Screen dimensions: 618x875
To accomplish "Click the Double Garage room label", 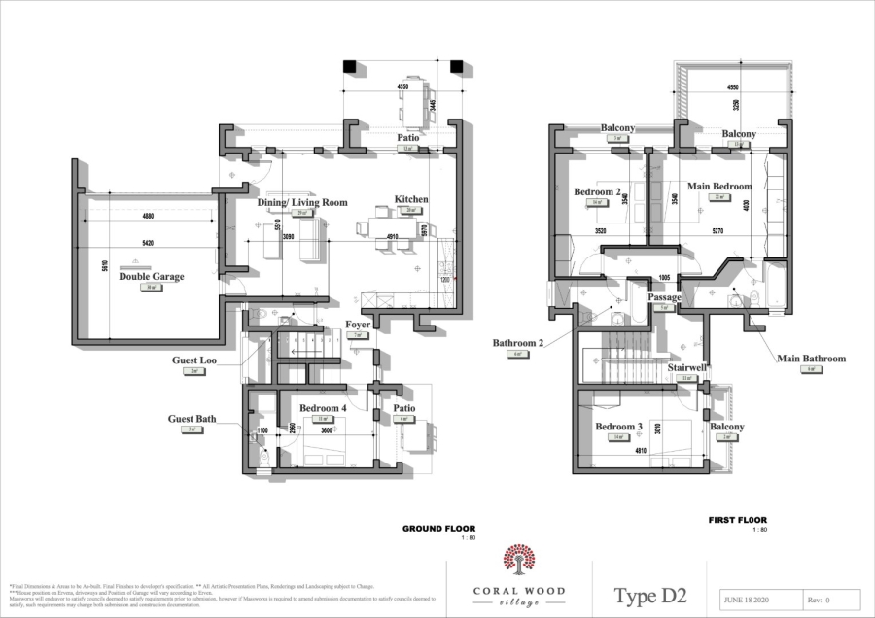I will [151, 276].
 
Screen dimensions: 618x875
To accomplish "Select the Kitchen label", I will [410, 199].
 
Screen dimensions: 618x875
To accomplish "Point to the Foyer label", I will [358, 325].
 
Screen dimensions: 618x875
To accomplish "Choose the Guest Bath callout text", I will [192, 419].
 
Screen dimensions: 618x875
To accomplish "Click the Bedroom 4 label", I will [323, 407].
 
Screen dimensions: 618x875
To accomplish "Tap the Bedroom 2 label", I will [597, 192].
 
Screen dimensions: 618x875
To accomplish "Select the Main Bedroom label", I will [719, 186].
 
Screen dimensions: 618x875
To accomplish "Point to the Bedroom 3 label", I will [616, 427].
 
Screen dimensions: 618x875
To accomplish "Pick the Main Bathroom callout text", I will [811, 358].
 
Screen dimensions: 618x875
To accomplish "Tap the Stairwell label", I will [686, 368].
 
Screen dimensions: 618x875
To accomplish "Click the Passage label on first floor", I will [665, 297].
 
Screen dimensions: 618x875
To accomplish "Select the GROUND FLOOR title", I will [439, 529].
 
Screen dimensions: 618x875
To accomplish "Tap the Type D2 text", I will [650, 595].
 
